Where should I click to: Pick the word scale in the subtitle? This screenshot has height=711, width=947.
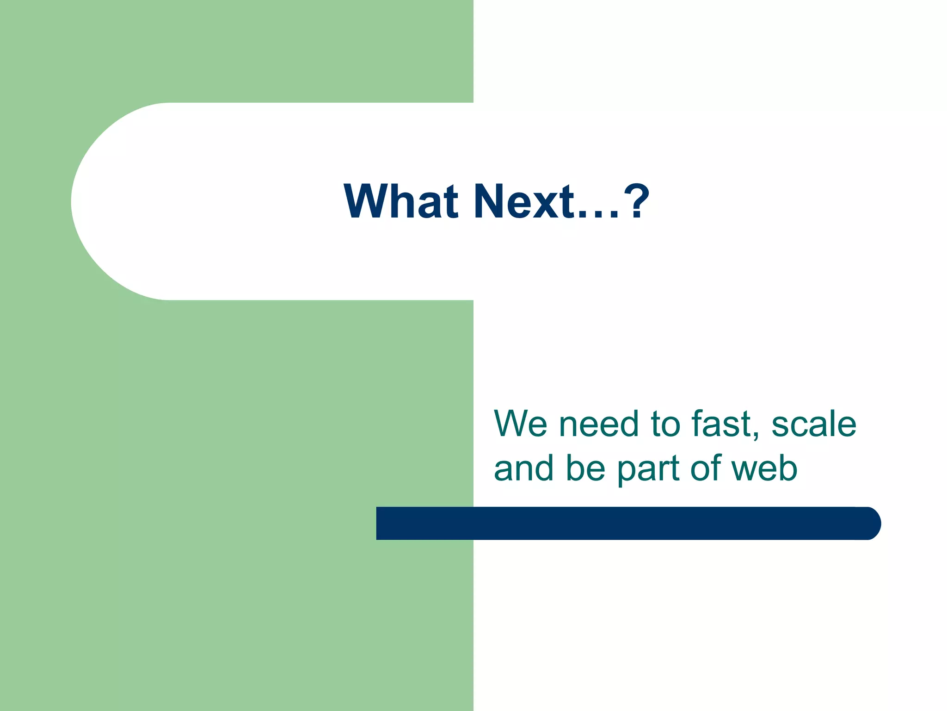(x=813, y=424)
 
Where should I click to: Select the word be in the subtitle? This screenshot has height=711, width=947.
(x=585, y=468)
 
